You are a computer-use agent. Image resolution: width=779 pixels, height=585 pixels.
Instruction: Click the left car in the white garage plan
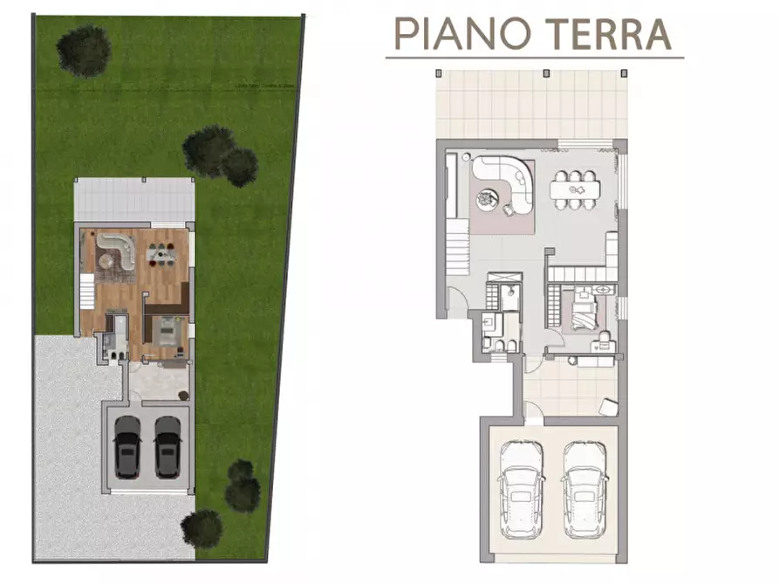click(x=521, y=489)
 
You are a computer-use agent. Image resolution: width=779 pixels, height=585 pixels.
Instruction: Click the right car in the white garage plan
click(x=584, y=489)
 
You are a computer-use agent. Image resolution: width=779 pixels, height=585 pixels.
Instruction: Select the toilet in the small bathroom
click(x=498, y=346)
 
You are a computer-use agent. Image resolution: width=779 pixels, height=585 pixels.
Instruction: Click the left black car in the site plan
click(x=128, y=445)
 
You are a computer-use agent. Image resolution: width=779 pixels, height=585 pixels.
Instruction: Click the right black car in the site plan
click(x=167, y=445)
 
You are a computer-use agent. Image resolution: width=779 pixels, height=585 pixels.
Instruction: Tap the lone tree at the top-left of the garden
click(x=83, y=49)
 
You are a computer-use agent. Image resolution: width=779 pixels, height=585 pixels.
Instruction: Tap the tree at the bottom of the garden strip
click(x=202, y=527)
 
